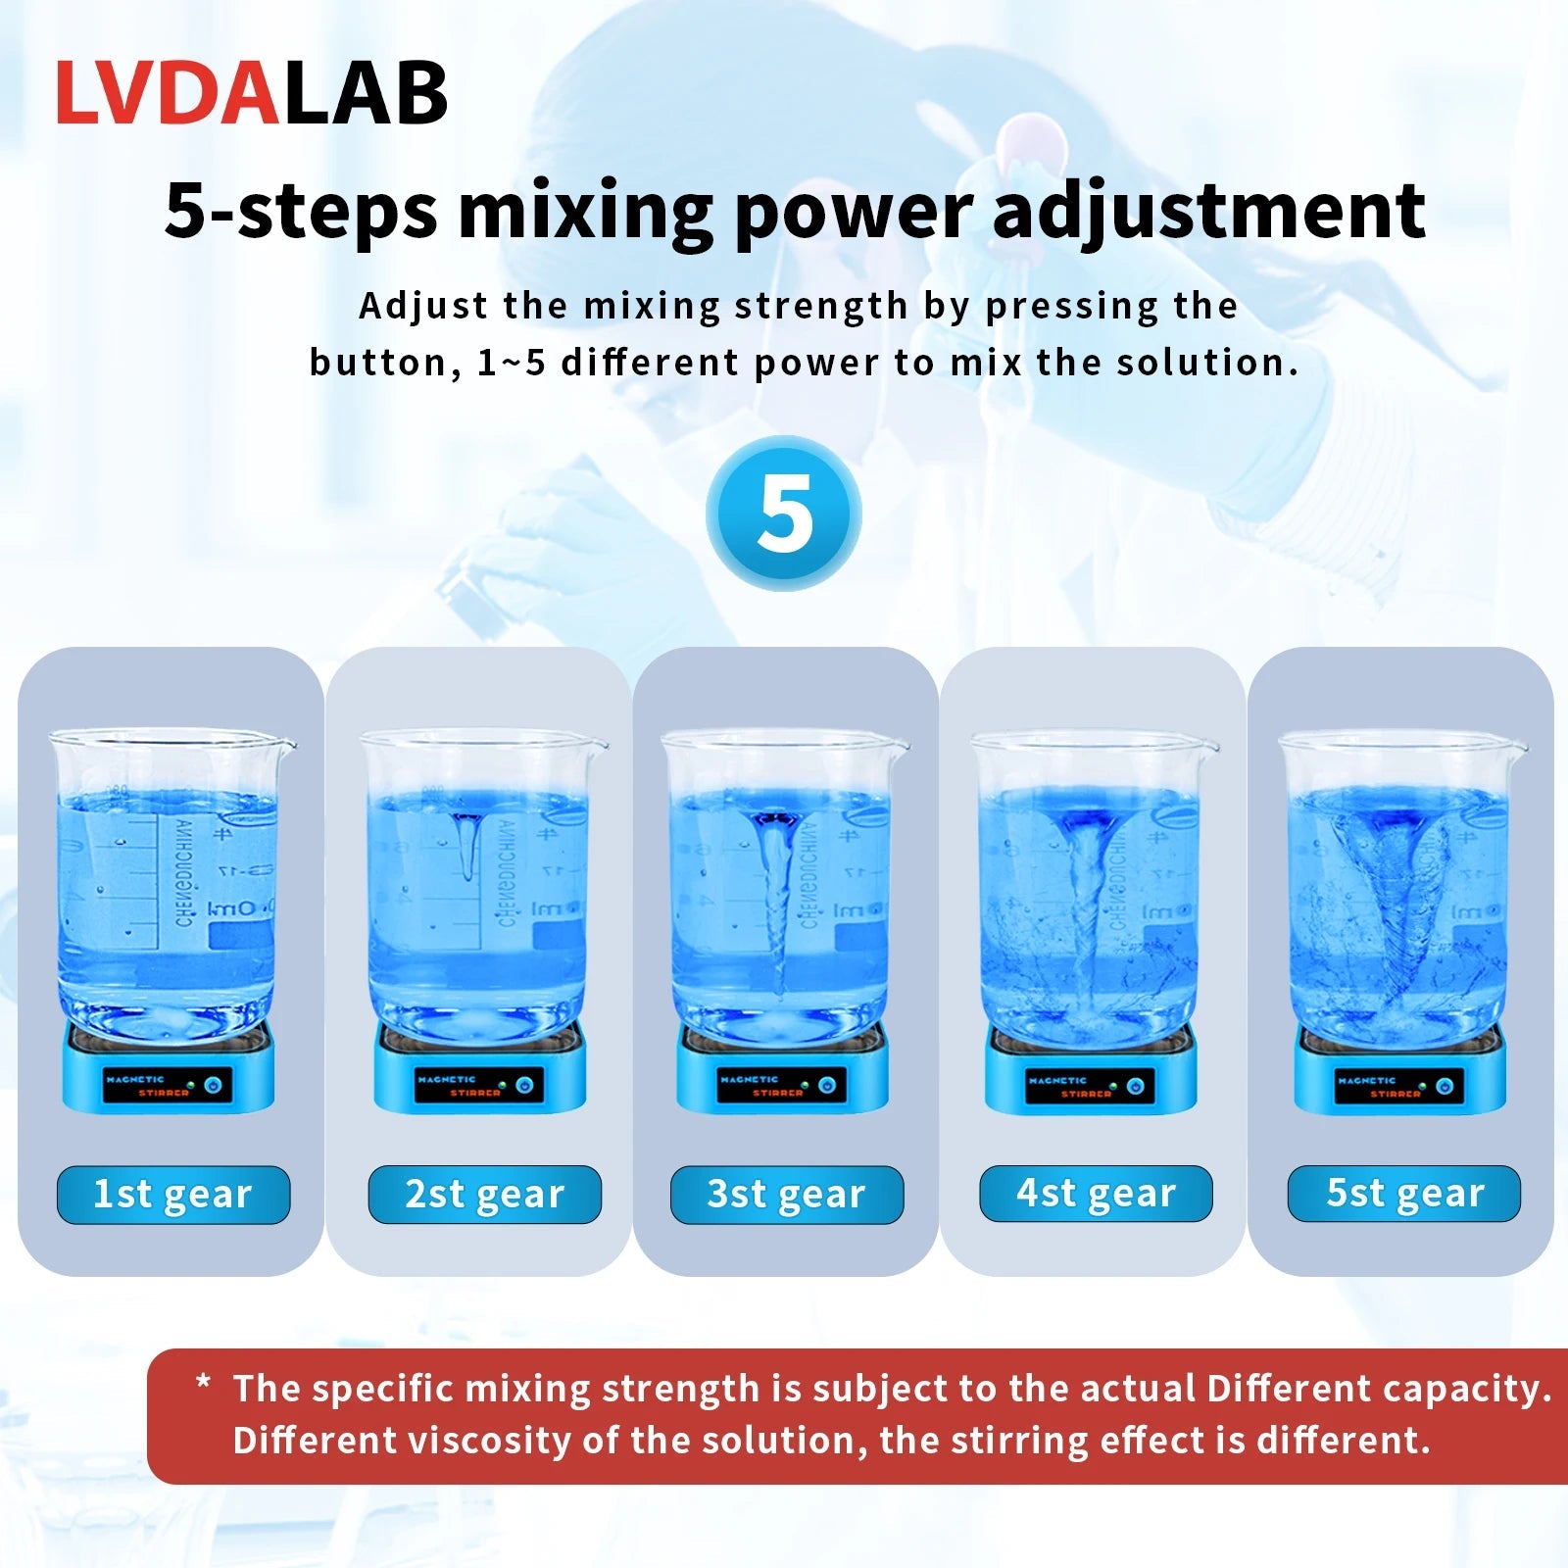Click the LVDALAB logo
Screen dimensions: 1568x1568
pyautogui.click(x=251, y=93)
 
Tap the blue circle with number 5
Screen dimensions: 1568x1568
pyautogui.click(x=784, y=514)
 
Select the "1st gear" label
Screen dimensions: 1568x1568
pyautogui.click(x=173, y=1195)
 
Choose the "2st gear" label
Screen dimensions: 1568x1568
pyautogui.click(x=484, y=1195)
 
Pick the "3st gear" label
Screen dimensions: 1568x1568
pyautogui.click(x=786, y=1195)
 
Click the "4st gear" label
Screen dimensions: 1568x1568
pyautogui.click(x=1096, y=1194)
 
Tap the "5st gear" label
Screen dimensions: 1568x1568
pyautogui.click(x=1404, y=1194)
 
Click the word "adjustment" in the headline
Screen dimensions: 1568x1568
pyautogui.click(x=1208, y=211)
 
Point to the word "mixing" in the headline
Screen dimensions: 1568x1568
pyautogui.click(x=585, y=211)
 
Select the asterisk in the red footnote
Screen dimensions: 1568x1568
pyautogui.click(x=204, y=1383)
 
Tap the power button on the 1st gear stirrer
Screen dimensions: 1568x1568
pyautogui.click(x=215, y=1085)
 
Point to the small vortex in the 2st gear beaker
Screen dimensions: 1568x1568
pyautogui.click(x=467, y=843)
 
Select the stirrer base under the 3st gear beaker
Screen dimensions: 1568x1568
pyautogui.click(x=784, y=1078)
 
